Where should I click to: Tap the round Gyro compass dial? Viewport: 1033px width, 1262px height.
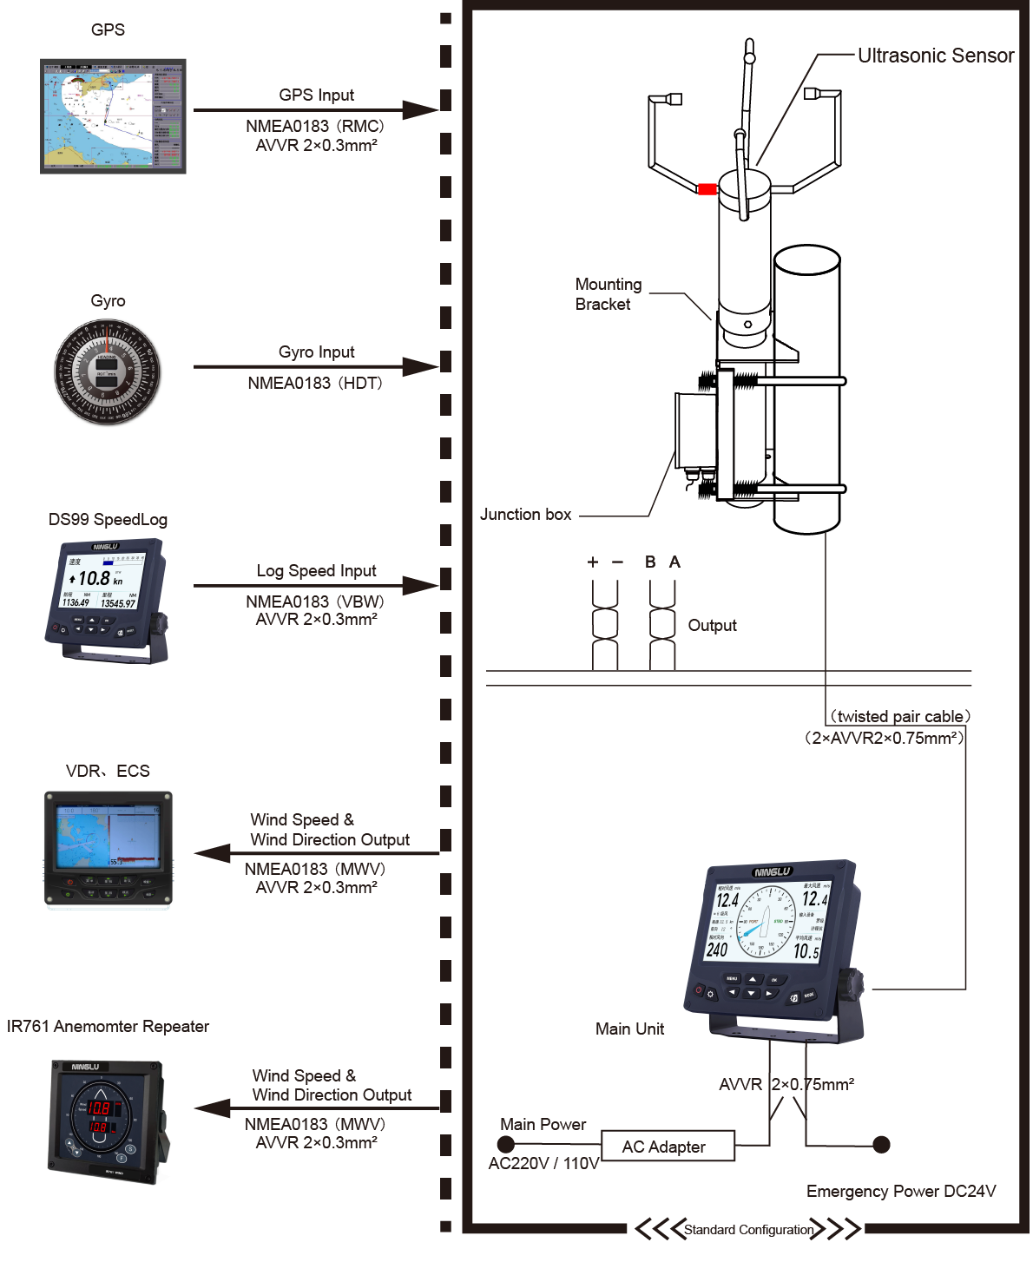pos(108,371)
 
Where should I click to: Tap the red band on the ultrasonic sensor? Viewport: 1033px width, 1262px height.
pos(707,188)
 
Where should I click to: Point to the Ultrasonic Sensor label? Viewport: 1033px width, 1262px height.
pos(935,56)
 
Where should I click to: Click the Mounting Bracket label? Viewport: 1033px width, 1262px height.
pos(608,294)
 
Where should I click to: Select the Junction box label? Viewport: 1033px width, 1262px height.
pos(525,515)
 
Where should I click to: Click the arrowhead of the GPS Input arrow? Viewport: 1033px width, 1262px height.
pos(424,110)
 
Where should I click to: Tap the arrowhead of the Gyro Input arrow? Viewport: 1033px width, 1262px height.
pos(424,366)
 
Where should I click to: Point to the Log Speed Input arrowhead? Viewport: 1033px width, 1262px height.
pos(424,585)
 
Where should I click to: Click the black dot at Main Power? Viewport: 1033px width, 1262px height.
pos(508,1145)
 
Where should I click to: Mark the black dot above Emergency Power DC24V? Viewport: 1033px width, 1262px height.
pos(881,1144)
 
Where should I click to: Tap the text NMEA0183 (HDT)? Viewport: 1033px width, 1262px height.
pos(315,383)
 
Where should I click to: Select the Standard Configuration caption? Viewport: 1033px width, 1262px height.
pos(748,1229)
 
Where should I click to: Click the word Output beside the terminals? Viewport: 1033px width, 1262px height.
pos(712,626)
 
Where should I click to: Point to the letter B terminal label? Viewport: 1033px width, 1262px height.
pos(650,562)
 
